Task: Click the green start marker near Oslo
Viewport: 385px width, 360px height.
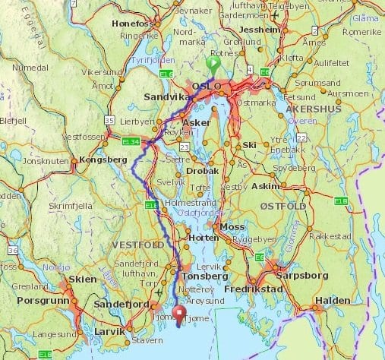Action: pos(213,65)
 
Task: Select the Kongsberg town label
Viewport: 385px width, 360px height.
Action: pos(102,160)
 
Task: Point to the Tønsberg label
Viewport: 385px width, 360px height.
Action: pos(204,276)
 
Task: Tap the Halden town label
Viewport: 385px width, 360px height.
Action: pos(333,300)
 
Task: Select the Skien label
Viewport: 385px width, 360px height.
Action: pos(81,279)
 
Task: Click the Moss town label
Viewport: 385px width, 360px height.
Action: pos(232,227)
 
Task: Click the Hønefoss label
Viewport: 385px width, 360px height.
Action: pos(133,24)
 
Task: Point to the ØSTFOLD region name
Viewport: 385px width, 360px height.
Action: pos(282,207)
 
